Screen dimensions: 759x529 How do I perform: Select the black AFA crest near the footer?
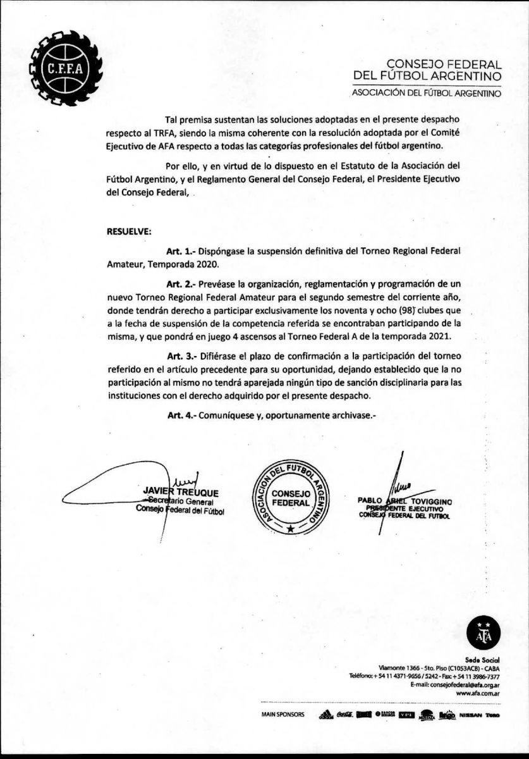[483, 632]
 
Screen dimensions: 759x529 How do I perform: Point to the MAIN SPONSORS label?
[283, 715]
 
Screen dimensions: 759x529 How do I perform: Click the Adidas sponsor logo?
[326, 715]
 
